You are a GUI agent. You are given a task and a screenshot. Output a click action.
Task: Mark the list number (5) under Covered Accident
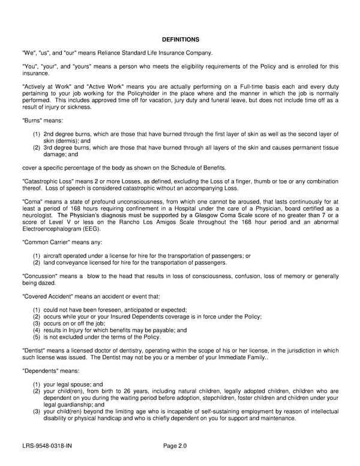click(x=36, y=337)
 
